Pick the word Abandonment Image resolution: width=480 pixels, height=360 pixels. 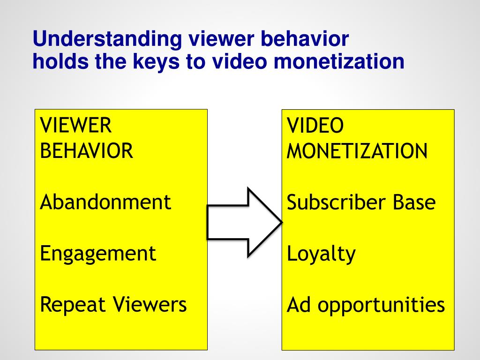point(105,202)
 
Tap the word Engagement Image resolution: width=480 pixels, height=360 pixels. point(98,254)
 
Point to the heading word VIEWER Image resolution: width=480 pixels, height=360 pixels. point(75,126)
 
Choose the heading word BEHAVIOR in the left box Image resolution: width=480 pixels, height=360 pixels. point(87,151)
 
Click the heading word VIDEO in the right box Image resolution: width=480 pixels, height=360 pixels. point(315,126)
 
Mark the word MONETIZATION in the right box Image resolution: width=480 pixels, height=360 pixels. point(357,151)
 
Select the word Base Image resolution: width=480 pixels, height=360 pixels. point(414,202)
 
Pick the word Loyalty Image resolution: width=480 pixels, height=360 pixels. point(321,254)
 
